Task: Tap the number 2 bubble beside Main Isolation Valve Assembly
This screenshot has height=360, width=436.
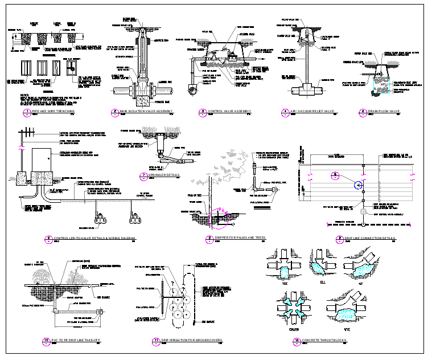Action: [116, 111]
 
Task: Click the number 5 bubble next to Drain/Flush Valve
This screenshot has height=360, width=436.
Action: [361, 111]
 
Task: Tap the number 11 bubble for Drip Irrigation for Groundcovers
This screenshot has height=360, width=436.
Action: [155, 341]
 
